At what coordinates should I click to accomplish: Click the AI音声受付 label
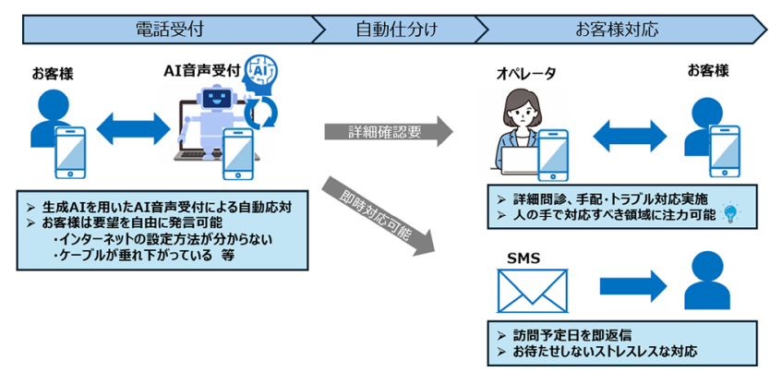point(201,70)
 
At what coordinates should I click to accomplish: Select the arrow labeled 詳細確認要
point(388,132)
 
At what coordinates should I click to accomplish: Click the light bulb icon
point(731,213)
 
